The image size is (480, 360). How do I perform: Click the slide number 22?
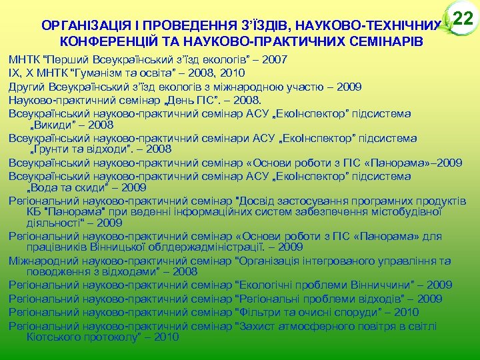point(461,19)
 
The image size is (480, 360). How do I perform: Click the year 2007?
point(275,59)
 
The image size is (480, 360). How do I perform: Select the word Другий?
point(26,85)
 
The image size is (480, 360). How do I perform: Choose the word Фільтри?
point(260,311)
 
